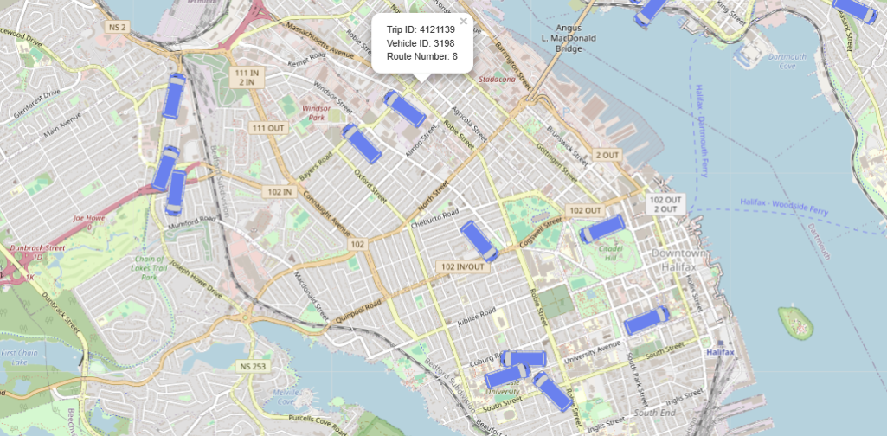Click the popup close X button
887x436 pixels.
pyautogui.click(x=463, y=22)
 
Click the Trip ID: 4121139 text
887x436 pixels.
pyautogui.click(x=421, y=30)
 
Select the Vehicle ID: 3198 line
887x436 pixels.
pyautogui.click(x=421, y=43)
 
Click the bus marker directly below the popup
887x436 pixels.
pyautogui.click(x=405, y=107)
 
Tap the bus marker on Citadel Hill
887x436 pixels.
pyautogui.click(x=602, y=228)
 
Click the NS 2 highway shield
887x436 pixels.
pyautogui.click(x=118, y=28)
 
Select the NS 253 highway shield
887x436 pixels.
pyautogui.click(x=248, y=367)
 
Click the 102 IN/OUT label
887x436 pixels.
pyautogui.click(x=463, y=266)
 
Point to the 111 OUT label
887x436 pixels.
pyautogui.click(x=268, y=128)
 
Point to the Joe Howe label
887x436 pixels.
pyautogui.click(x=89, y=218)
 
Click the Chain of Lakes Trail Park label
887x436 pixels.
pyautogui.click(x=149, y=268)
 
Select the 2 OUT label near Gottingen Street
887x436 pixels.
pyautogui.click(x=607, y=155)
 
